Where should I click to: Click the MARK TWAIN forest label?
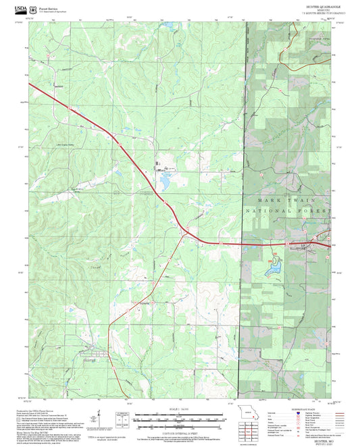[286, 201]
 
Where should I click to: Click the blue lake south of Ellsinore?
[272, 270]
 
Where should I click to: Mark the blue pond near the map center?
[163, 180]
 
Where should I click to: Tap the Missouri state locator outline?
[251, 413]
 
